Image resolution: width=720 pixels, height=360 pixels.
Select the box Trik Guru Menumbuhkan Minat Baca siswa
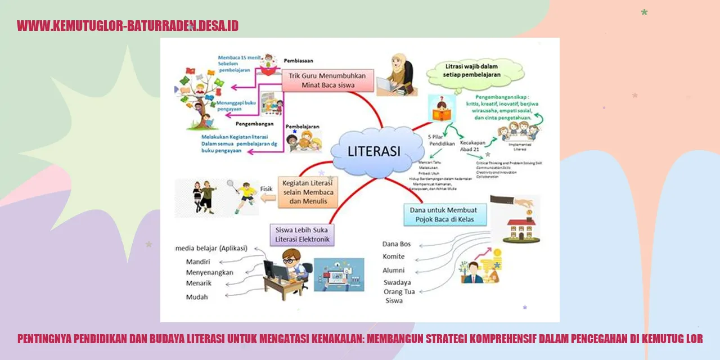coord(327,81)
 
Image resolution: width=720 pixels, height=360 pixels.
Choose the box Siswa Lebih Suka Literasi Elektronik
coord(302,235)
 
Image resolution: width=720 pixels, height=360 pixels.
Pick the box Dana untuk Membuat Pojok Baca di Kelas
coord(445,214)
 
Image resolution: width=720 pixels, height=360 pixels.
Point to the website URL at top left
coord(128,25)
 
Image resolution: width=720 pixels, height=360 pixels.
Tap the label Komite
coord(393,256)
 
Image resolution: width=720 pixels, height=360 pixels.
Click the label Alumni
coord(394,271)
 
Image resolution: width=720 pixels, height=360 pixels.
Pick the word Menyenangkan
coord(209,272)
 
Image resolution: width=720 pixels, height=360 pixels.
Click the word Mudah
coord(197,296)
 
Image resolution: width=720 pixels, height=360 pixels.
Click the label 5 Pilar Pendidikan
coord(442,139)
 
